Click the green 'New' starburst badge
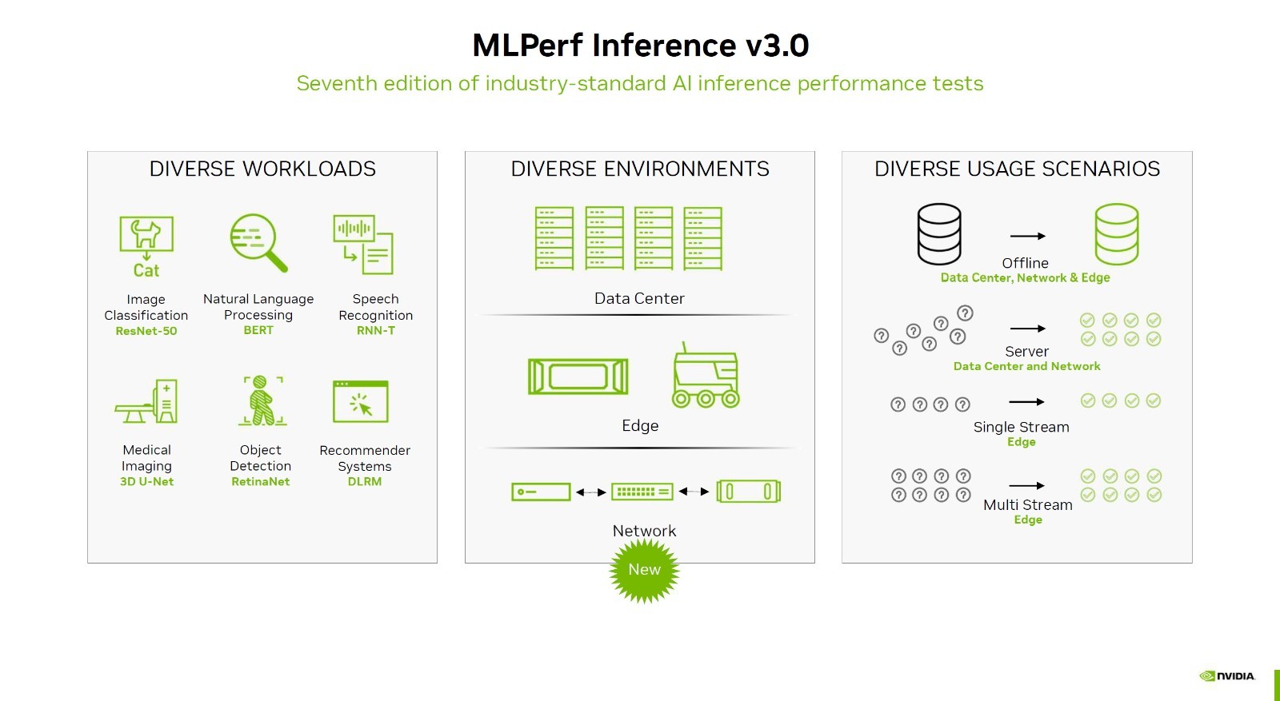tap(644, 570)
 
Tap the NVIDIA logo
tap(1227, 676)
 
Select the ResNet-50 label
tap(146, 331)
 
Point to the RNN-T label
tap(375, 331)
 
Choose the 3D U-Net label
tap(146, 481)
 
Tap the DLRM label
tap(365, 481)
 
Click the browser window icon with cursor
tap(361, 401)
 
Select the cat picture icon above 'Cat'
tap(146, 234)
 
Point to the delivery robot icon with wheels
tap(706, 375)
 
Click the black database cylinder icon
tap(939, 234)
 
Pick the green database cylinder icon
tap(1117, 234)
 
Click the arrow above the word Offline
tap(1027, 236)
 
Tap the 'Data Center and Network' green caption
tap(1026, 366)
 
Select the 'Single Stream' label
tap(1021, 427)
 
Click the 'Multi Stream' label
tap(1027, 504)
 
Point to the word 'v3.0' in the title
tap(777, 45)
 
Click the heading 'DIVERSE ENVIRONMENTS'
tap(640, 169)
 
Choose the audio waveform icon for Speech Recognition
tap(354, 229)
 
